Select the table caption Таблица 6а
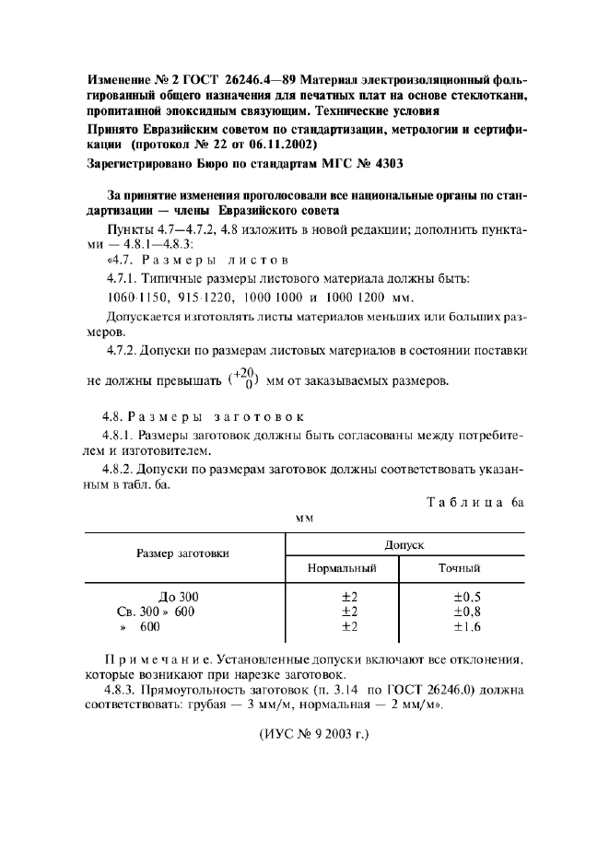[x=475, y=503]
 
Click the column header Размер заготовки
[x=183, y=553]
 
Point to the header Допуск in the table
[x=405, y=544]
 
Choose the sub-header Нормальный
[x=343, y=568]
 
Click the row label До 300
[x=179, y=596]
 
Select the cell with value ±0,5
[x=467, y=596]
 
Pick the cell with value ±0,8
[x=467, y=611]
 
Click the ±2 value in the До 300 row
[x=349, y=596]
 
